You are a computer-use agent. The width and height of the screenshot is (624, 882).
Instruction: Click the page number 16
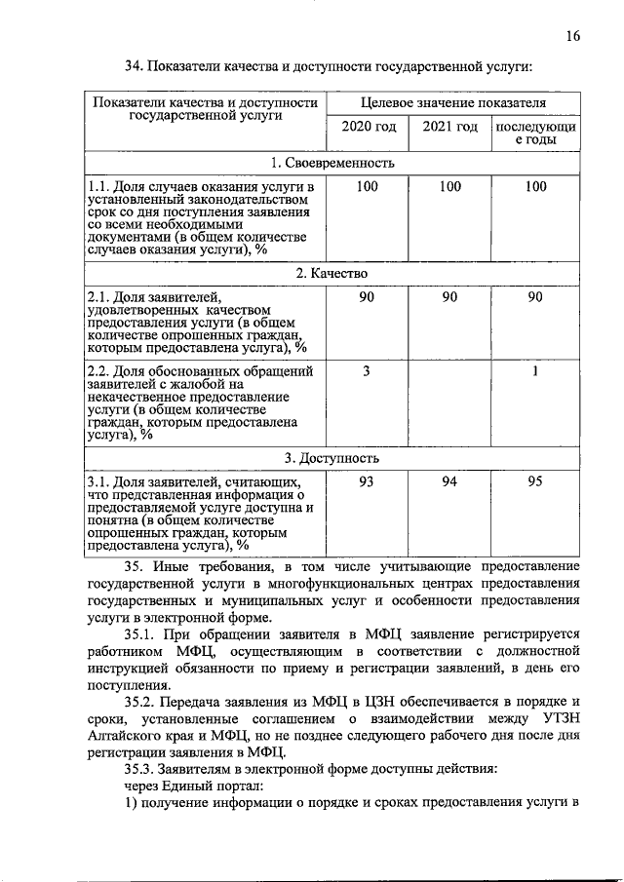[572, 37]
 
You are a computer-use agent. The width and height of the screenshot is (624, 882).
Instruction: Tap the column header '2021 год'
[449, 128]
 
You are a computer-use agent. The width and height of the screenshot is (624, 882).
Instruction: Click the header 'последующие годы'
[535, 134]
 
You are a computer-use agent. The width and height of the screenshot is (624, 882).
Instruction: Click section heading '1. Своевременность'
[331, 162]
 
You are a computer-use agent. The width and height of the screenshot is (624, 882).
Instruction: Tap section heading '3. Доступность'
[331, 458]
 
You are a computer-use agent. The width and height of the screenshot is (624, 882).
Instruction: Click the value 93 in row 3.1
[367, 481]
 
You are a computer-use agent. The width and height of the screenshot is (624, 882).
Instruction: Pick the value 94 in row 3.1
[449, 481]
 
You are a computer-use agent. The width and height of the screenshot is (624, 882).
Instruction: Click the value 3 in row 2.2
[367, 371]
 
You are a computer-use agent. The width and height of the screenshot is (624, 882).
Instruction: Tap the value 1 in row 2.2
[535, 371]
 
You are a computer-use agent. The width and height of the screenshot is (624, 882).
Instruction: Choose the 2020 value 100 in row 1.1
[367, 186]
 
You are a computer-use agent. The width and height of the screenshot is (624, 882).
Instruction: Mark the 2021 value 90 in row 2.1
[449, 297]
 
